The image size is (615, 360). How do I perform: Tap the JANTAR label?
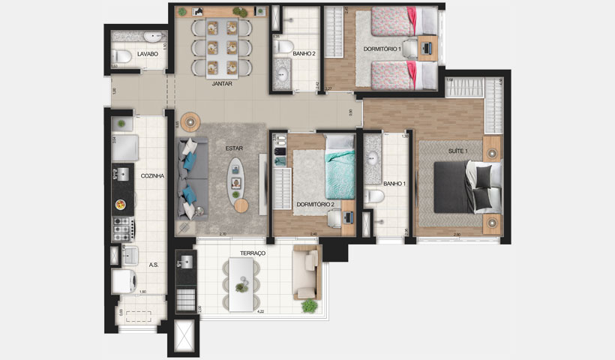click(x=222, y=84)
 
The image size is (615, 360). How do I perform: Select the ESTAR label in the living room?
click(x=234, y=148)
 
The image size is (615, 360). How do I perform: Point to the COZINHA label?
click(x=152, y=175)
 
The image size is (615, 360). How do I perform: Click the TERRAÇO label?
click(x=253, y=254)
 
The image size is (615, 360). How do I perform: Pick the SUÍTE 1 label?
click(x=459, y=153)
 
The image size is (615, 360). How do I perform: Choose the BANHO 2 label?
click(x=304, y=54)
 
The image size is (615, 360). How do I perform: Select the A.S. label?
click(x=152, y=264)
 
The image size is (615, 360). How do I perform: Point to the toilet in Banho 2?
click(x=283, y=48)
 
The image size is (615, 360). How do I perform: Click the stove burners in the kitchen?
click(x=121, y=226)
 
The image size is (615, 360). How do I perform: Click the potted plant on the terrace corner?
click(x=309, y=305)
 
